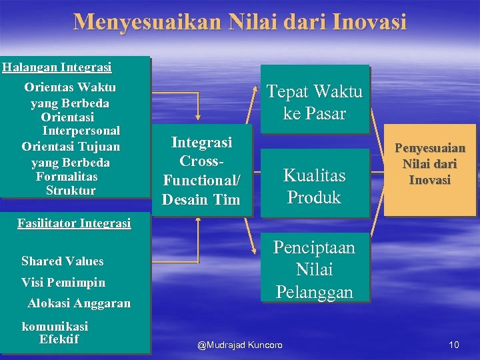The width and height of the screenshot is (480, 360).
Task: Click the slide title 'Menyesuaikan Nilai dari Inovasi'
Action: point(239,22)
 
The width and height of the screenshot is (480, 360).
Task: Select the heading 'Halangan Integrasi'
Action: point(57,67)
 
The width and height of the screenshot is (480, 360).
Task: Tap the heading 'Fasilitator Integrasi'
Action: point(73,223)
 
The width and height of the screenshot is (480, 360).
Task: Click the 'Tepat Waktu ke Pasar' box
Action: point(314,102)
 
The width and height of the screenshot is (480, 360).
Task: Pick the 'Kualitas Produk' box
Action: point(314,186)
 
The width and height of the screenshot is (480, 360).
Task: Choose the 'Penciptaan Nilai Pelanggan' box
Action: point(314,270)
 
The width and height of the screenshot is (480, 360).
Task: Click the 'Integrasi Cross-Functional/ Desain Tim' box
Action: point(201,170)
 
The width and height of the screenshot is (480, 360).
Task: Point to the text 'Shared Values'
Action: point(63,261)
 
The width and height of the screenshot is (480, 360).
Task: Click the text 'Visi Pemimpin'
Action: point(63,282)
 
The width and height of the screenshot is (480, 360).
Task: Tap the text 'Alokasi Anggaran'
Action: point(79,303)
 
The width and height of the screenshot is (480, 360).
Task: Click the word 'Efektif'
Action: point(59,339)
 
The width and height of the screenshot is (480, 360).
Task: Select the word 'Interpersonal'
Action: point(81,131)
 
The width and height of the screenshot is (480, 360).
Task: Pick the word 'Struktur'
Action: point(71,191)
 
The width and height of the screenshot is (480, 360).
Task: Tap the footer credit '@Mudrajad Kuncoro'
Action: point(240,345)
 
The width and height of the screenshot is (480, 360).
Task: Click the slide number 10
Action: point(454,345)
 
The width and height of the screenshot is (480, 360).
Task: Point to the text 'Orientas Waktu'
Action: point(70,87)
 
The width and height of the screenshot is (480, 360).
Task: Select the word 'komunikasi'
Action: point(55,327)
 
